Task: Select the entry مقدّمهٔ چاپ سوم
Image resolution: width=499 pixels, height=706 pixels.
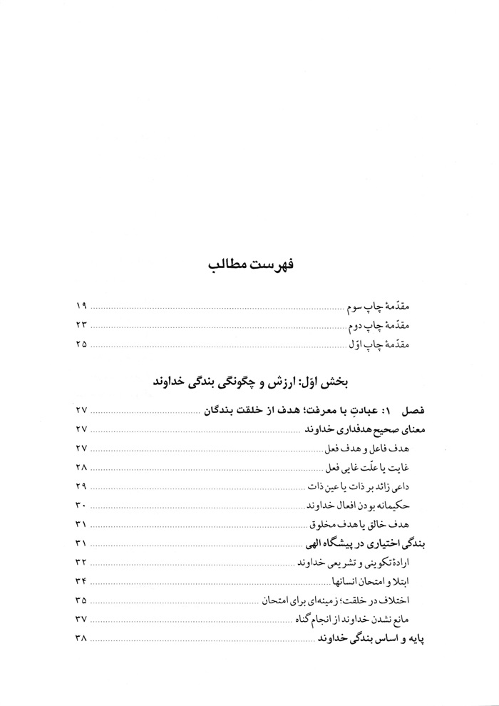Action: coord(386,307)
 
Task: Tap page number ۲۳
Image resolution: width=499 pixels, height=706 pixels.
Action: coord(81,326)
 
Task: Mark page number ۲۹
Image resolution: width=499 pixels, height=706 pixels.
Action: coord(81,486)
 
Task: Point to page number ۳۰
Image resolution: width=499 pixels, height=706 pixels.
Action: coord(81,506)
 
